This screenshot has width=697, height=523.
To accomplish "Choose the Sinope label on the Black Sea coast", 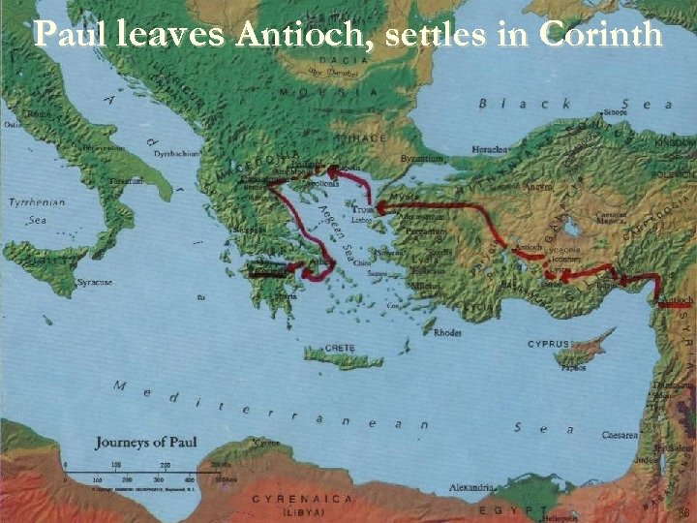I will (x=617, y=112).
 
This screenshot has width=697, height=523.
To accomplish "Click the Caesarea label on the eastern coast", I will (x=621, y=436).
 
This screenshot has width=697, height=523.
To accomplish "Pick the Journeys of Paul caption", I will (x=145, y=443).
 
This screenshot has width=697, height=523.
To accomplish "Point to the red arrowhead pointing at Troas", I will (x=379, y=206).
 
